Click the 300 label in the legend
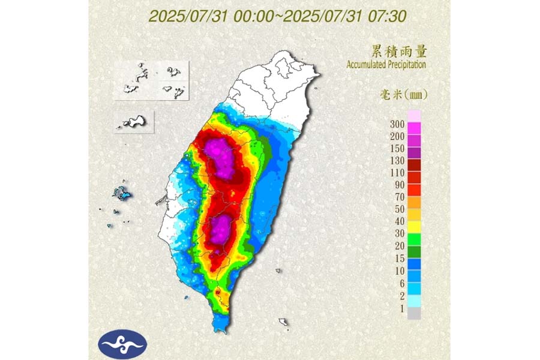point(396,124)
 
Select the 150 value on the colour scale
point(396,148)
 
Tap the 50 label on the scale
point(398,209)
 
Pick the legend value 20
point(398,245)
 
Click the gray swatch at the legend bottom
point(414,313)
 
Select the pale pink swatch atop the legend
point(414,115)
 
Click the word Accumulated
point(367,64)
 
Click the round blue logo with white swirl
point(122,343)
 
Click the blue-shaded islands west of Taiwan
point(122,193)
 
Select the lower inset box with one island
point(133,121)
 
